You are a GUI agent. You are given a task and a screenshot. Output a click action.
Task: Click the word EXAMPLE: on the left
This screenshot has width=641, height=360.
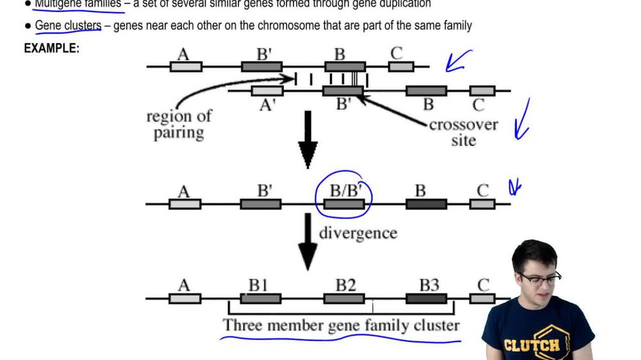51,48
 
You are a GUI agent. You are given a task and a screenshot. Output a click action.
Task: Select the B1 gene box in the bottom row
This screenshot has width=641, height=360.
260,299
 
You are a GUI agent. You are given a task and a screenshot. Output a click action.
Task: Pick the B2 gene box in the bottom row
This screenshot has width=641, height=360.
344,299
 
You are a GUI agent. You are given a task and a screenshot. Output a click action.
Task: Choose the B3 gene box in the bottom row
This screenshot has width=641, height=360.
426,299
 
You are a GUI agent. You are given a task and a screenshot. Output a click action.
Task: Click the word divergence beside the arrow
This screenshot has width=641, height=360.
358,233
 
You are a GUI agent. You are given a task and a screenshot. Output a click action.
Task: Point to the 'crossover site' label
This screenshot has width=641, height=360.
463,132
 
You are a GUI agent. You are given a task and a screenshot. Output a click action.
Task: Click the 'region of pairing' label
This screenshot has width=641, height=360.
179,125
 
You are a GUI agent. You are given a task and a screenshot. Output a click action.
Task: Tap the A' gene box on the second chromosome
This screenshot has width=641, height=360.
267,91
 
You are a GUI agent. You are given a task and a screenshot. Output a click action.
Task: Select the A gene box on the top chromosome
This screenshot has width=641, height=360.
186,66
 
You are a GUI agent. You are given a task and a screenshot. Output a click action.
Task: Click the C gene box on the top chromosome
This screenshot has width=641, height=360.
401,66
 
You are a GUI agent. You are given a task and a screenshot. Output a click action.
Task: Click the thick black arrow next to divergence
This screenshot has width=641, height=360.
308,244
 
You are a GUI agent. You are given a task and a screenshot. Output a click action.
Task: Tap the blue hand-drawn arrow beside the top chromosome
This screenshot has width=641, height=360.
459,61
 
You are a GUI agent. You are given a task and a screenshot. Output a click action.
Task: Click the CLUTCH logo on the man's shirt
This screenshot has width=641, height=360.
532,344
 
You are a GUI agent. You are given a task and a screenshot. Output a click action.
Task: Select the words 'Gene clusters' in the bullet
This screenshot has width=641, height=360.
68,26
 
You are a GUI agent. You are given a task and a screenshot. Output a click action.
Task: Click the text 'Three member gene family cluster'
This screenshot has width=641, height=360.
341,325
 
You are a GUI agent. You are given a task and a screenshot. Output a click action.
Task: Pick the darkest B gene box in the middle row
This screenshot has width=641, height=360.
426,204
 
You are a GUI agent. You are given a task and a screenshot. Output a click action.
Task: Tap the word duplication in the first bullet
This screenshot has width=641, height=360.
403,4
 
